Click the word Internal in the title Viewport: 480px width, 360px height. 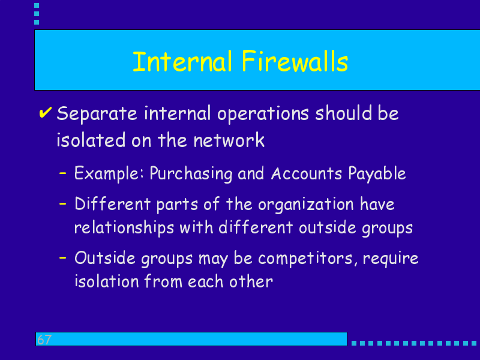click(182, 62)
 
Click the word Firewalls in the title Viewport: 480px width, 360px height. click(295, 61)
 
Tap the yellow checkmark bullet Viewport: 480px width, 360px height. click(45, 112)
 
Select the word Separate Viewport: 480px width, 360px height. click(97, 114)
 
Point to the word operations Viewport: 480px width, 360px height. click(263, 114)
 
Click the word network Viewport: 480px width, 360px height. click(229, 140)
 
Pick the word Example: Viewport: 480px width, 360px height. click(109, 173)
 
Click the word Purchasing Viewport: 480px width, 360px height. click(191, 173)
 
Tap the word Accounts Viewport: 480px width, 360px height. click(307, 173)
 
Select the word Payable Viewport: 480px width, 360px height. click(377, 173)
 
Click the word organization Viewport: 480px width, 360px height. click(306, 205)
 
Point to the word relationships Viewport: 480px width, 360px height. click(124, 229)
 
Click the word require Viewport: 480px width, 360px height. click(391, 259)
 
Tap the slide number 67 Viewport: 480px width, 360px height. click(44, 340)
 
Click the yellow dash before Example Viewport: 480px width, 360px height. click(63, 173)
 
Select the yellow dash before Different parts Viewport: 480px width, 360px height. click(63, 203)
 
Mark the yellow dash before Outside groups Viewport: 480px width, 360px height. click(63, 258)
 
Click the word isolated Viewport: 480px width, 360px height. click(91, 140)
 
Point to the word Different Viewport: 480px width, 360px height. click(113, 203)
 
